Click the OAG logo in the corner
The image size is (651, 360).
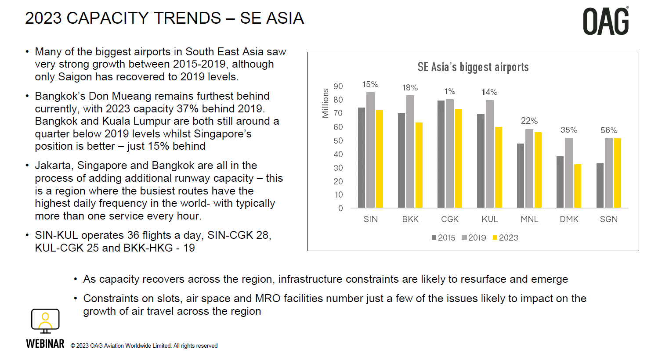tap(606, 22)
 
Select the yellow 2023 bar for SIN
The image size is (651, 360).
tap(380, 159)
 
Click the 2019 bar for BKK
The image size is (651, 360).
tap(410, 151)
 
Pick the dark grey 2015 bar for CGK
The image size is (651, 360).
tap(441, 154)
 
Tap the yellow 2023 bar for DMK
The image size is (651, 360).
tap(578, 186)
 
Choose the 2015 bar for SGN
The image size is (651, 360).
tap(600, 186)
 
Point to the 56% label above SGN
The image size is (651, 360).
tap(609, 130)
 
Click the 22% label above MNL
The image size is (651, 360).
tap(529, 121)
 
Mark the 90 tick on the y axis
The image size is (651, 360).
tap(338, 86)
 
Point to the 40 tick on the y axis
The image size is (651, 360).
tap(338, 155)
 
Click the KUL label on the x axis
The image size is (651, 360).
tap(490, 219)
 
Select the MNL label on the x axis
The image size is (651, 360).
tap(529, 219)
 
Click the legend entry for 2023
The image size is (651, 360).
tap(506, 238)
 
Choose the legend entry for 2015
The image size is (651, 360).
tap(444, 238)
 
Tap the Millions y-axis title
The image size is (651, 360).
tap(325, 103)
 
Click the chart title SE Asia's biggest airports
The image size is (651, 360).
tap(473, 67)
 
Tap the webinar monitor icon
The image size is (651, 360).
tap(45, 321)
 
